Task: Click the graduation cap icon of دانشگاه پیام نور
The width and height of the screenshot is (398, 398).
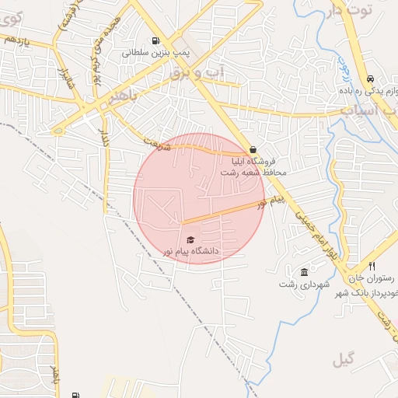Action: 190,239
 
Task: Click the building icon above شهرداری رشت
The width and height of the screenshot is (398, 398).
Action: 303,272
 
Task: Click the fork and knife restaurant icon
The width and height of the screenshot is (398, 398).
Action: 372,267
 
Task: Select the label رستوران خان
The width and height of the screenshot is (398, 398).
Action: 372,278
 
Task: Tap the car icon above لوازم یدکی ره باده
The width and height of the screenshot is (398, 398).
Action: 370,78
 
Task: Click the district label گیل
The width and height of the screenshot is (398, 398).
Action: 343,360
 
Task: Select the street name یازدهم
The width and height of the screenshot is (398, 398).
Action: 16,39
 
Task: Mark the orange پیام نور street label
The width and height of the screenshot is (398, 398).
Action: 272,204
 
